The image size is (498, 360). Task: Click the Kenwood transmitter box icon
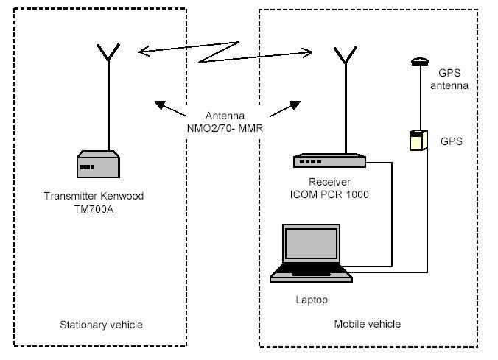click(x=99, y=164)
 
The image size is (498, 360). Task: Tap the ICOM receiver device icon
click(x=329, y=160)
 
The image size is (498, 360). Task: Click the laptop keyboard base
click(x=312, y=275)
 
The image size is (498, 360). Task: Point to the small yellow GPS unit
click(x=417, y=140)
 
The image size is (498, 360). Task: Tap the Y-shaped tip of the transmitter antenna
click(x=108, y=52)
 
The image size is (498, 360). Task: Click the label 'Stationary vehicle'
click(x=101, y=324)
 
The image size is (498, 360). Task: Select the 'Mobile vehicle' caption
click(x=367, y=324)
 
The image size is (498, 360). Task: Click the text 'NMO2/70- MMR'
click(x=226, y=127)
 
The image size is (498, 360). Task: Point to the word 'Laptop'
click(x=311, y=300)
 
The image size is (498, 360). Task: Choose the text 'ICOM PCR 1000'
click(x=329, y=194)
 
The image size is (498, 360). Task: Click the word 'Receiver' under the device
click(x=329, y=183)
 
